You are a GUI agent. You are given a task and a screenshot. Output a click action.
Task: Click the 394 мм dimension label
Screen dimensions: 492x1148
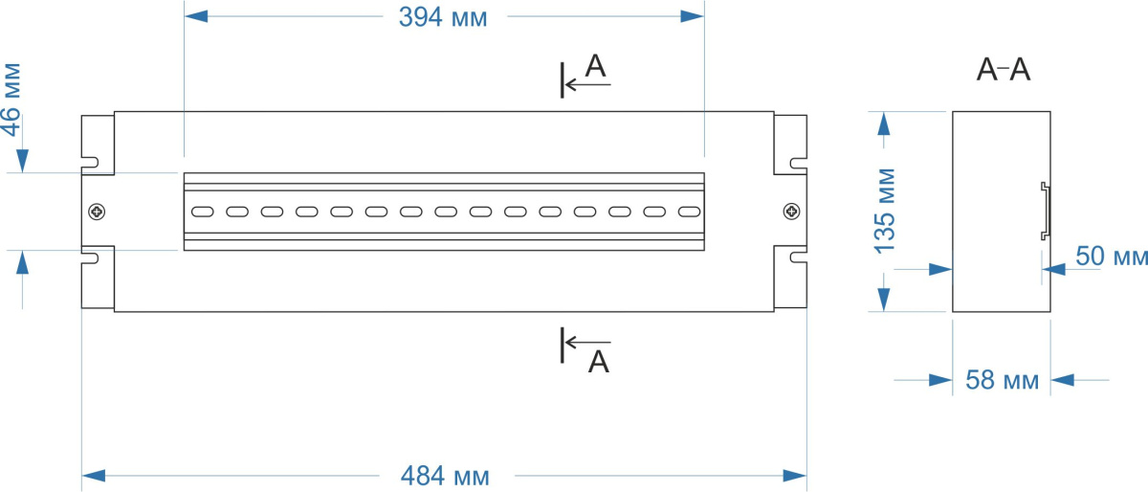click(443, 17)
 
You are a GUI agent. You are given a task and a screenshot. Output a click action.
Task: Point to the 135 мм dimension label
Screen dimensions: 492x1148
click(886, 211)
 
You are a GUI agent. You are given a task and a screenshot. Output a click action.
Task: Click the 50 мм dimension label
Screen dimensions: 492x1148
click(1111, 257)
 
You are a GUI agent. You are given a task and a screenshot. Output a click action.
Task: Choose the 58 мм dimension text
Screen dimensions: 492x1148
click(1002, 381)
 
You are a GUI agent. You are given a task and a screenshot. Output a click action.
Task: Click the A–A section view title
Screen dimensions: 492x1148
click(1003, 70)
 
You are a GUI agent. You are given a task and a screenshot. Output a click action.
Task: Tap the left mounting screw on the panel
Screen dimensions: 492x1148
click(97, 212)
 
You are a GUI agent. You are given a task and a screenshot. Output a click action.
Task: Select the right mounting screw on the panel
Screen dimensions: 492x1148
click(790, 212)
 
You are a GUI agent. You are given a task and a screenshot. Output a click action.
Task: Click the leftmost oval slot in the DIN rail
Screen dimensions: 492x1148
click(202, 212)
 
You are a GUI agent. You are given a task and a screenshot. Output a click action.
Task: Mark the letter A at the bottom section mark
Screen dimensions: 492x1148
click(598, 361)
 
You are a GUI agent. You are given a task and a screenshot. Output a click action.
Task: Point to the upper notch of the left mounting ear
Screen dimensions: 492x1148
click(90, 162)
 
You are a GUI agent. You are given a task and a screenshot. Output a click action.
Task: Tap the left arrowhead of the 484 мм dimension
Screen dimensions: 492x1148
click(93, 475)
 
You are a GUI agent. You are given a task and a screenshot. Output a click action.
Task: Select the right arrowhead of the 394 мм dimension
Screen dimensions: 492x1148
click(693, 16)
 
